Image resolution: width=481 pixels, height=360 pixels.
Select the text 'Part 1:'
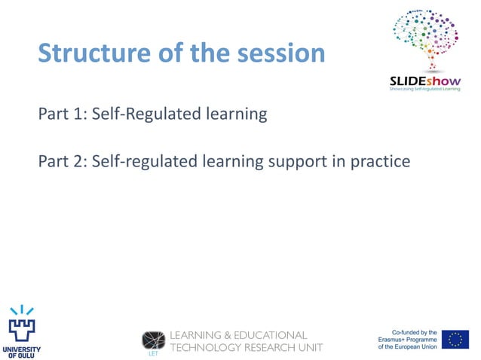pyautogui.click(x=62, y=115)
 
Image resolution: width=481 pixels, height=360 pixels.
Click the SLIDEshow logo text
pyautogui.click(x=424, y=81)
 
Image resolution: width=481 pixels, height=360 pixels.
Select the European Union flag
pyautogui.click(x=455, y=340)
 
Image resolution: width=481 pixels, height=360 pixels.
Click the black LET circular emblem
pyautogui.click(x=154, y=340)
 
